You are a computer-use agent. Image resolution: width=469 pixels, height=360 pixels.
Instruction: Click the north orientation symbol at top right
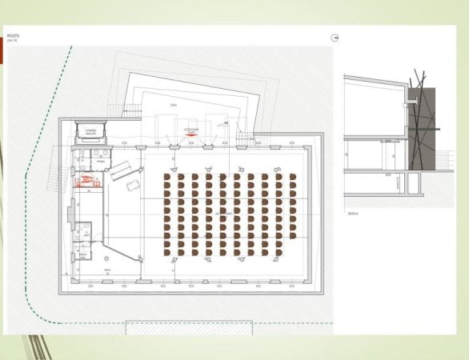tap(335, 38)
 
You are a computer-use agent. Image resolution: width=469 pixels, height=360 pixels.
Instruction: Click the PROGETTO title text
tap(13, 36)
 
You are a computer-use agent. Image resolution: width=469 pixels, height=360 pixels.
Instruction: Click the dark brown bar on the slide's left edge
tap(2, 53)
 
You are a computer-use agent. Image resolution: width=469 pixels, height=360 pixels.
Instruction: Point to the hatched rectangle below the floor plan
tap(189, 327)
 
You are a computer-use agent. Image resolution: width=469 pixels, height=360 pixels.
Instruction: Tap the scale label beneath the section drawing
tap(352, 214)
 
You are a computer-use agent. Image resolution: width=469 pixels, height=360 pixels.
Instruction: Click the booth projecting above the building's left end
tap(90, 130)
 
